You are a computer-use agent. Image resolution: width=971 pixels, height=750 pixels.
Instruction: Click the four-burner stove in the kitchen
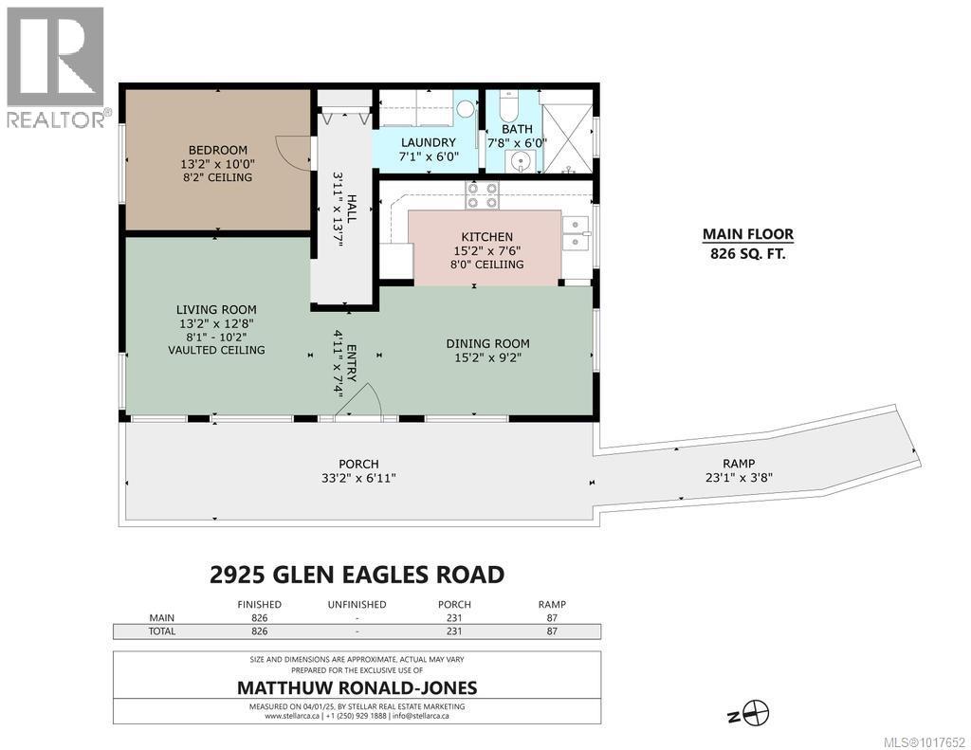[x=482, y=195]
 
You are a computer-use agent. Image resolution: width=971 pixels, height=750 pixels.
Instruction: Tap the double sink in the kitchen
[x=576, y=232]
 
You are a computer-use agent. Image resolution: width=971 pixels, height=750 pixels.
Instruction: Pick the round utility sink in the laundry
[x=465, y=109]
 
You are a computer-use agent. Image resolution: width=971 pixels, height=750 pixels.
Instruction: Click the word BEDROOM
[x=217, y=150]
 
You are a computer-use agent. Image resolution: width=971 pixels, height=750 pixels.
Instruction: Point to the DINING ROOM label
[x=487, y=343]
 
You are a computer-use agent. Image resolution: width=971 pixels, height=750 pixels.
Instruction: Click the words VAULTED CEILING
[x=216, y=350]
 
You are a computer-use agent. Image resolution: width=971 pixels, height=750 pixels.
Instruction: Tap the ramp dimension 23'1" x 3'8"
[x=738, y=478]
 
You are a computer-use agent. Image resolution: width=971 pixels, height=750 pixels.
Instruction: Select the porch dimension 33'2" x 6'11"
[x=359, y=478]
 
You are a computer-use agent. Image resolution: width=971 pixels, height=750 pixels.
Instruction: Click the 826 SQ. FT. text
[x=747, y=253]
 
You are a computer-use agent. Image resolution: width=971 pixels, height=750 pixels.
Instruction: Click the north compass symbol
[x=757, y=711]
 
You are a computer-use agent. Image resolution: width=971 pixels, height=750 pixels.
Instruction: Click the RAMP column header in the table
[x=552, y=604]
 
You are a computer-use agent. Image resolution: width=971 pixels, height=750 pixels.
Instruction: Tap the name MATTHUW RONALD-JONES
[x=356, y=687]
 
